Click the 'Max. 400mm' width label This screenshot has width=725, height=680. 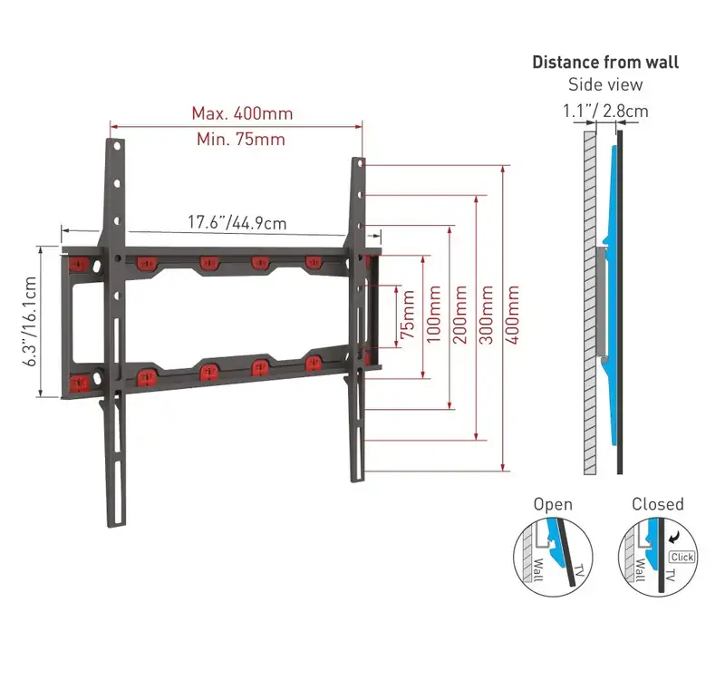[x=242, y=114]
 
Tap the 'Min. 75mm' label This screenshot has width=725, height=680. [x=241, y=140]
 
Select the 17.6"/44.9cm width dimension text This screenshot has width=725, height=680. [x=237, y=222]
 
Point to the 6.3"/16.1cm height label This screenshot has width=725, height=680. [x=30, y=322]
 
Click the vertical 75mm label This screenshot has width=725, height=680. [x=408, y=315]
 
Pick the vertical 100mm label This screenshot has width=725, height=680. [x=434, y=315]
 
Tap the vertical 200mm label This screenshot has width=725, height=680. [x=460, y=315]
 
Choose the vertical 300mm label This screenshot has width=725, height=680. [x=487, y=315]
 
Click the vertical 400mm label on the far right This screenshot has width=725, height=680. [x=512, y=315]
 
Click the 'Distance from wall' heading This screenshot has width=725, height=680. [x=605, y=62]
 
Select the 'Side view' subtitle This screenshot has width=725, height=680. [x=605, y=84]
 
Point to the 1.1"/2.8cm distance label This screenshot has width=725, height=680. [x=605, y=111]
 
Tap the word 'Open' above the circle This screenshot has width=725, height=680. [x=553, y=504]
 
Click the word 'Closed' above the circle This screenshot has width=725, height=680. [x=658, y=504]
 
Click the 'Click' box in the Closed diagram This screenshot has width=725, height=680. [x=682, y=557]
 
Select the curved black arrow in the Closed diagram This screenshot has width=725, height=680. [x=675, y=537]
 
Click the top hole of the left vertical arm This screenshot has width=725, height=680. [x=117, y=147]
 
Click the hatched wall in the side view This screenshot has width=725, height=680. [x=590, y=303]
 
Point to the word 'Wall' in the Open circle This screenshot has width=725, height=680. [x=537, y=570]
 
